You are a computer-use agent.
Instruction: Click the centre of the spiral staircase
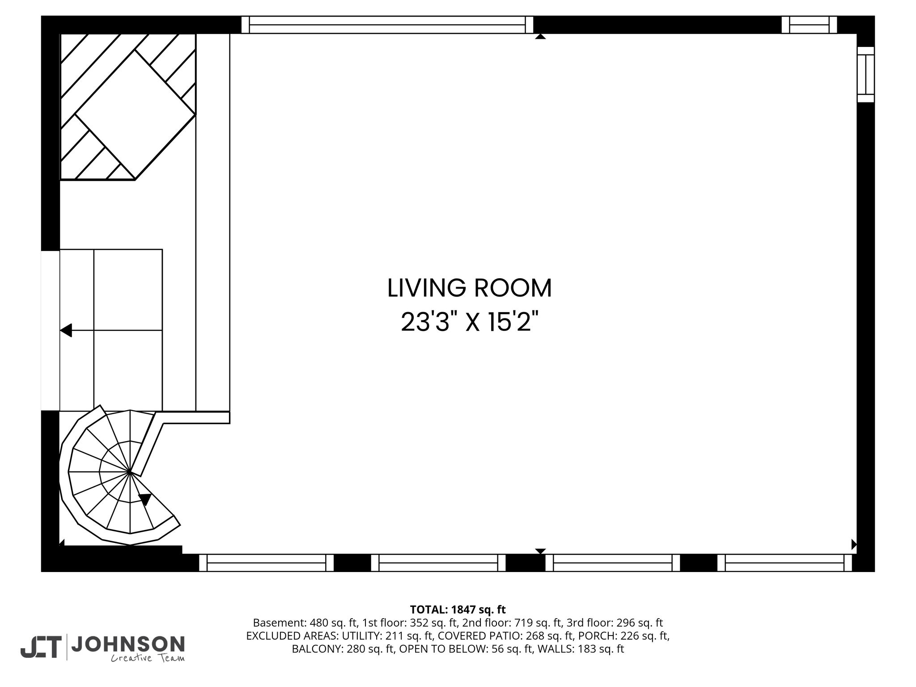(129, 471)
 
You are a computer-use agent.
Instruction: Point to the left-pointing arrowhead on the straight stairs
(66, 331)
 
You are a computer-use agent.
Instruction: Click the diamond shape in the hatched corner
(136, 114)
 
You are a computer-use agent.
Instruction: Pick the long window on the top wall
(387, 25)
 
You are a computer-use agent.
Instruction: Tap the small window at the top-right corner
(809, 25)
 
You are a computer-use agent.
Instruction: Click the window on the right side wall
(865, 74)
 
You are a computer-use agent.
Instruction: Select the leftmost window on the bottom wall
(267, 563)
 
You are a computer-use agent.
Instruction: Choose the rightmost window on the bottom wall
(785, 563)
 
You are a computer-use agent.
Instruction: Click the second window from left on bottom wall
(438, 563)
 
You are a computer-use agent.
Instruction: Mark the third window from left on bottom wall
(613, 563)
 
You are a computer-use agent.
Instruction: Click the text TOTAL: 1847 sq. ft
(458, 609)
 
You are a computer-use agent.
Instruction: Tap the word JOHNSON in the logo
(128, 644)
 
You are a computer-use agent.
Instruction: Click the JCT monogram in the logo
(41, 647)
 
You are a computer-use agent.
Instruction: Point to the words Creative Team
(148, 658)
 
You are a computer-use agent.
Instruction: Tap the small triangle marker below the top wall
(540, 37)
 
